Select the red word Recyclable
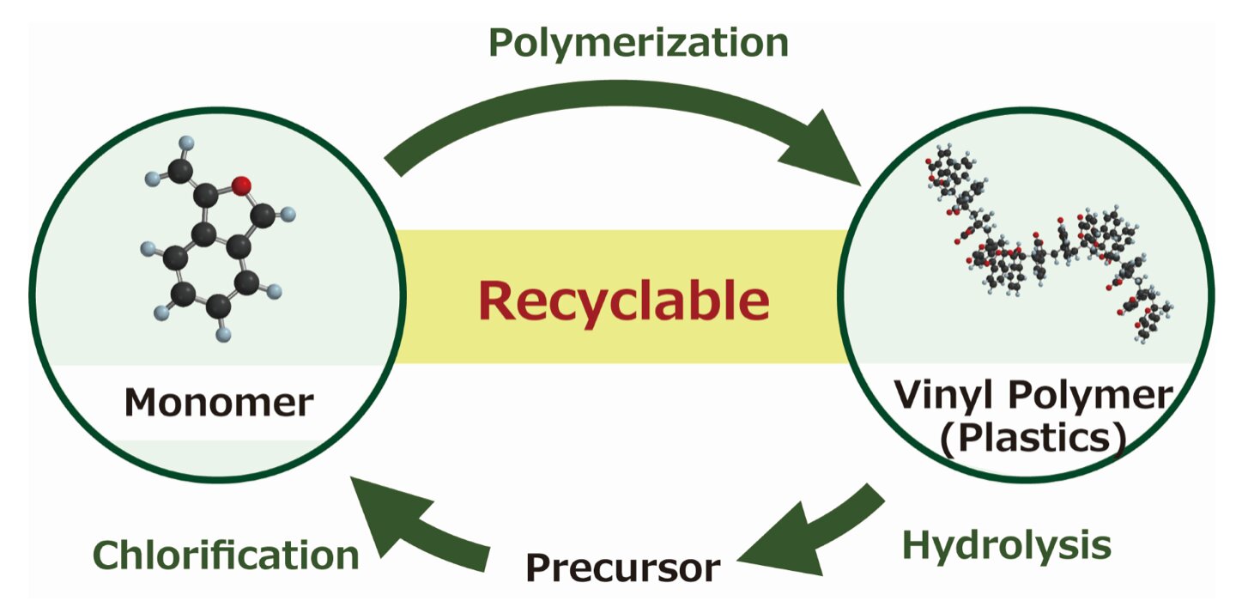(623, 300)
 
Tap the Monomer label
(219, 401)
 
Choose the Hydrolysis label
(1007, 544)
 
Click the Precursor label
(623, 568)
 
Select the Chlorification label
(226, 555)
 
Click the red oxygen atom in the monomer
(242, 184)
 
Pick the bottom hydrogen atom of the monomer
(223, 331)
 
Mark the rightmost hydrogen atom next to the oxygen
(289, 214)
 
